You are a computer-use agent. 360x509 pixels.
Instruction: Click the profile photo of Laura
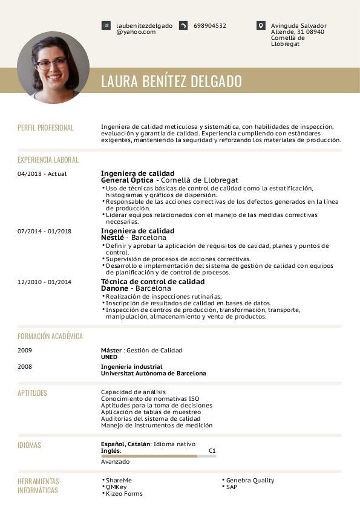53,67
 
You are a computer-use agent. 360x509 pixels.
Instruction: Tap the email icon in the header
106,26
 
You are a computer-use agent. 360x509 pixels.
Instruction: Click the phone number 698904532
210,26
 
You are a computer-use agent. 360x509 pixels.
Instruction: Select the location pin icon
261,26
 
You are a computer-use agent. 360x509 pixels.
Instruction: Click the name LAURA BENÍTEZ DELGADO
171,82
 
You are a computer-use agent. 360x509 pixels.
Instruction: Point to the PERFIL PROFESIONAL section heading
45,128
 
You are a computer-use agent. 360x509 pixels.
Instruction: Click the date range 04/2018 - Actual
42,174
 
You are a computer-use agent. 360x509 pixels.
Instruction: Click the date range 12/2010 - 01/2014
45,282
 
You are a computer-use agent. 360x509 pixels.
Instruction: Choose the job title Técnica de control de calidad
152,282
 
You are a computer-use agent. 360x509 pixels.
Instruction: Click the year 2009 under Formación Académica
25,351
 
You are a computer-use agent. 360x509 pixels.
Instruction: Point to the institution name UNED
109,357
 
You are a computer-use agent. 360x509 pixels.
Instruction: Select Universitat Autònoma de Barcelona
153,374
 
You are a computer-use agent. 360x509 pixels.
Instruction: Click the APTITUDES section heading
32,393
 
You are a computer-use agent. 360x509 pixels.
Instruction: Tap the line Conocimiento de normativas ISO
149,398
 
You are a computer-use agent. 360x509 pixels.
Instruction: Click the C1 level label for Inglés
212,451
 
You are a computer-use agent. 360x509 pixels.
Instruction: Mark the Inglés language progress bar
159,456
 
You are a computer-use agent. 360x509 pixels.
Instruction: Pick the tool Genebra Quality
250,481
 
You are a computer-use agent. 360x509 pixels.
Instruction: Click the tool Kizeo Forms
124,494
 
